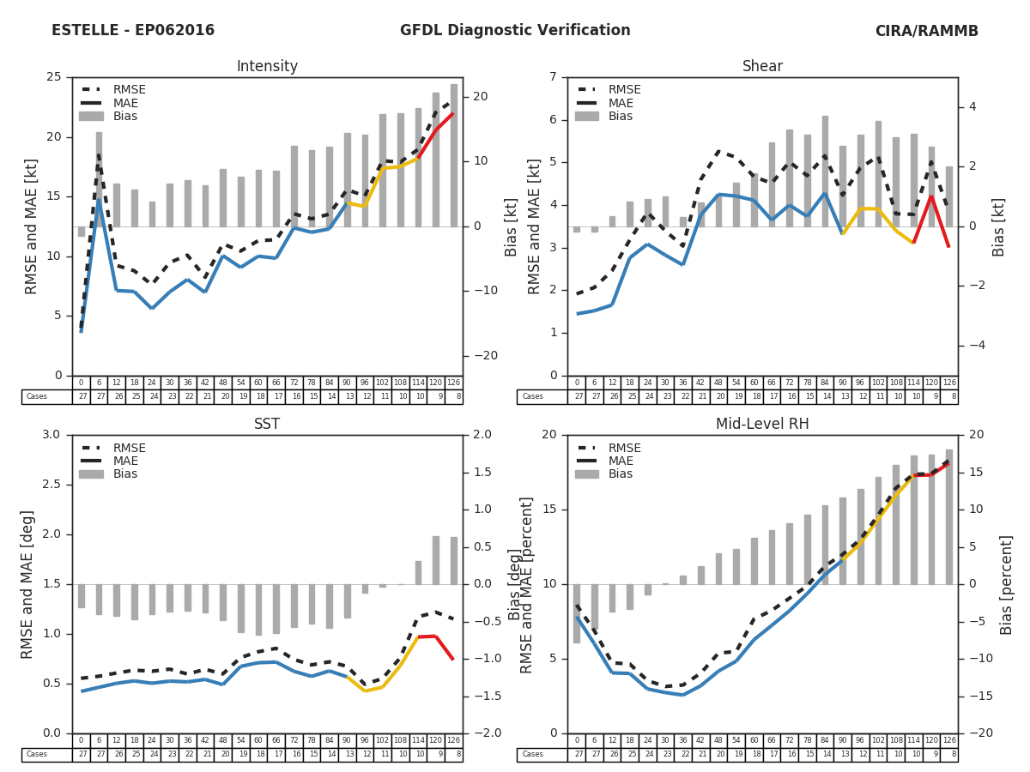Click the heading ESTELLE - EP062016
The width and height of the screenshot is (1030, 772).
[x=133, y=31]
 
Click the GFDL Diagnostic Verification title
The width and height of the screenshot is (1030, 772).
[x=515, y=31]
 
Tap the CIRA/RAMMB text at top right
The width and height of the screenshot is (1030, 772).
[x=926, y=31]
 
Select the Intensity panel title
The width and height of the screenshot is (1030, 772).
[x=267, y=67]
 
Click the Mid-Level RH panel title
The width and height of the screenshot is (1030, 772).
[x=762, y=424]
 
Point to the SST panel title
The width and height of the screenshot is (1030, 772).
[x=267, y=424]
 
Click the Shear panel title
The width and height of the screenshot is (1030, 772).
[x=762, y=67]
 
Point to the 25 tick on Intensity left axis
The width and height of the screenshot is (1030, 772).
[x=54, y=77]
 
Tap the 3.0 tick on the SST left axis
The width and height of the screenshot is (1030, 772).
[x=51, y=435]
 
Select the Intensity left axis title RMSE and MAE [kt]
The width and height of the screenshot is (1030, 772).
[x=32, y=226]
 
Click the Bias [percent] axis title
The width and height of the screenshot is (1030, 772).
[x=1007, y=584]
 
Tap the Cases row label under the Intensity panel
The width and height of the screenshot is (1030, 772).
[x=37, y=397]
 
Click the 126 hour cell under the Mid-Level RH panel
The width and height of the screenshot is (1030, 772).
[x=948, y=740]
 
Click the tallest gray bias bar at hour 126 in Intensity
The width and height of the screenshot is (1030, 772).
[x=453, y=154]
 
